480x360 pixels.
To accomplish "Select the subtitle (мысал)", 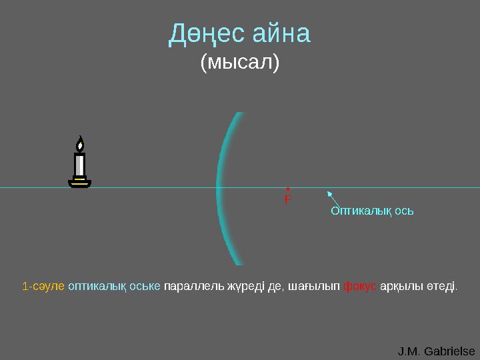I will (x=240, y=63).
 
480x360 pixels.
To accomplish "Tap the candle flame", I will (x=80, y=143).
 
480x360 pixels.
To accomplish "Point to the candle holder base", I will (x=79, y=182).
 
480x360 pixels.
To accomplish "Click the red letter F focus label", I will (x=287, y=199).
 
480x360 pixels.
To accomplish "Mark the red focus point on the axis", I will (x=287, y=189).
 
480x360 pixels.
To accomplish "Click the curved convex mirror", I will (x=223, y=188).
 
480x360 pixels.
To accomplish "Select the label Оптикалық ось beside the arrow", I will (x=373, y=211).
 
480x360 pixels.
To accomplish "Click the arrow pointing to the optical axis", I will (x=333, y=198).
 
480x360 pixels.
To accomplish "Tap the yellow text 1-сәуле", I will (x=43, y=287).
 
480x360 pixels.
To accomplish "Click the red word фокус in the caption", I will (x=360, y=287).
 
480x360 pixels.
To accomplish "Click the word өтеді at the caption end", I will (x=442, y=287).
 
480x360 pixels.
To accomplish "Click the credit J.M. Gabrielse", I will (x=437, y=351).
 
